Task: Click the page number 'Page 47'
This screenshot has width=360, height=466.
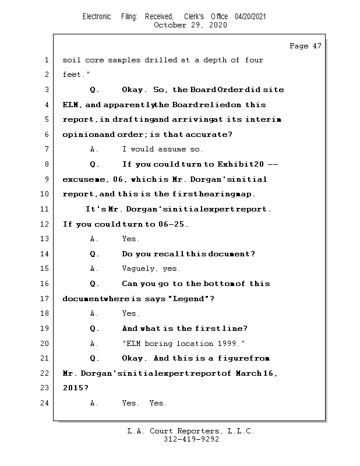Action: pyautogui.click(x=305, y=46)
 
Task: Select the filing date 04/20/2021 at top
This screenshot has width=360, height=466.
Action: pyautogui.click(x=250, y=17)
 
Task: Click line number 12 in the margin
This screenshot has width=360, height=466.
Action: pyautogui.click(x=45, y=224)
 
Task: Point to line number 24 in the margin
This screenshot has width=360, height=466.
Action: pyautogui.click(x=45, y=403)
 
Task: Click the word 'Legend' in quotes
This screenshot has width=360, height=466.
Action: pyautogui.click(x=189, y=299)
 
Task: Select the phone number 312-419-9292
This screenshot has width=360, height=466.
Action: pyautogui.click(x=191, y=440)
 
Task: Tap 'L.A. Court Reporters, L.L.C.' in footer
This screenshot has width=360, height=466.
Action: pyautogui.click(x=191, y=432)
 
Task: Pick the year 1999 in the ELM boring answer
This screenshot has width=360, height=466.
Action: pyautogui.click(x=230, y=344)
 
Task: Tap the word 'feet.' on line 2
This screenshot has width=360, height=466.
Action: pyautogui.click(x=72, y=75)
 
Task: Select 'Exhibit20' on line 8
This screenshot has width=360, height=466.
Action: pyautogui.click(x=240, y=164)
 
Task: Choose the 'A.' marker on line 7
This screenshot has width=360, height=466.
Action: pyautogui.click(x=94, y=150)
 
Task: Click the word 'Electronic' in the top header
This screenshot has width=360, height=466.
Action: pyautogui.click(x=97, y=17)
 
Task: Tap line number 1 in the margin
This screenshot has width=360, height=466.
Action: pyautogui.click(x=45, y=60)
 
